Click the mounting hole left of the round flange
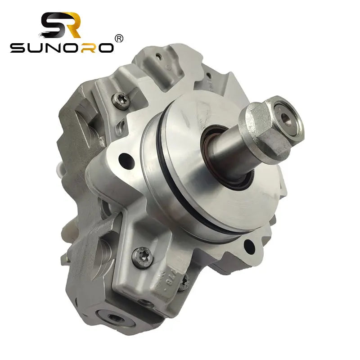click(x=126, y=158)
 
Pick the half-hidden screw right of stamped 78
click(x=184, y=282)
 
